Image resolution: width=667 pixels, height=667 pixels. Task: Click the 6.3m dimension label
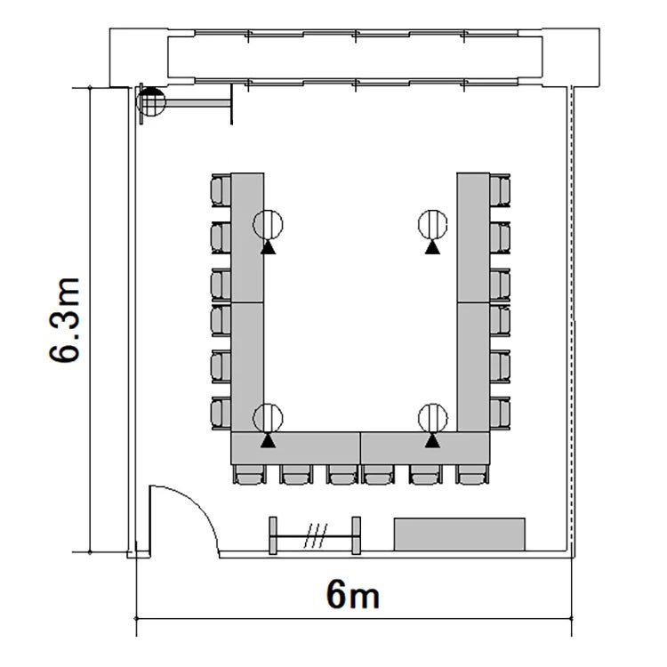point(65,320)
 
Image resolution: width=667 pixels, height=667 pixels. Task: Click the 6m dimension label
point(353,594)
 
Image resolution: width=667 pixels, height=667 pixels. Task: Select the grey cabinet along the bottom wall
point(460,534)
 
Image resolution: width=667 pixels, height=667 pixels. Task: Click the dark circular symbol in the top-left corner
point(150,101)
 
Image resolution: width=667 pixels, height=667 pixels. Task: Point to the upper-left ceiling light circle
point(268,225)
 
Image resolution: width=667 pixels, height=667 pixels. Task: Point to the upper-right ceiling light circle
point(432,225)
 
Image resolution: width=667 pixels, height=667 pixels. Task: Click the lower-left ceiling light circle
point(268,418)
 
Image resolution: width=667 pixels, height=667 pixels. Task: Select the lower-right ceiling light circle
point(432,418)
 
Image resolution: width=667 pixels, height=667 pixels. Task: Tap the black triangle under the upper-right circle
point(432,247)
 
